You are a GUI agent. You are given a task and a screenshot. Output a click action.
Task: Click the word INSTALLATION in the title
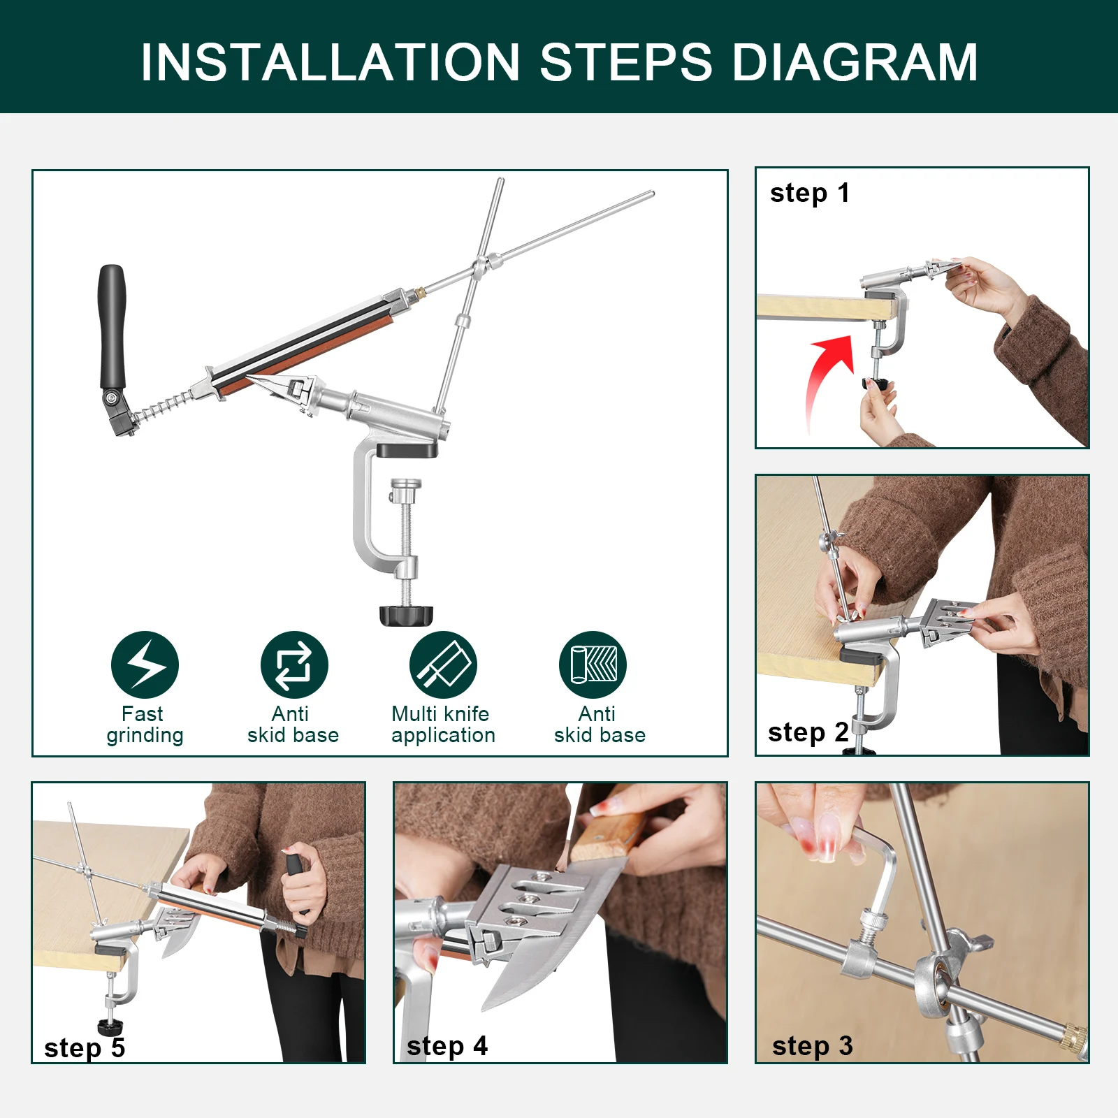pos(331,62)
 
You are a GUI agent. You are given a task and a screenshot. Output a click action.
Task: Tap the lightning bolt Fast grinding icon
pos(145,665)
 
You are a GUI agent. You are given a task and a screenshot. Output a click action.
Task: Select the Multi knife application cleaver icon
pos(443,665)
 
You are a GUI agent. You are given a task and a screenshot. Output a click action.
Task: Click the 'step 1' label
pos(809,194)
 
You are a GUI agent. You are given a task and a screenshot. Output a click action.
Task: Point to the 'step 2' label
pos(808,732)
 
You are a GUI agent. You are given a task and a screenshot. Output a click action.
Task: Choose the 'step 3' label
pos(812,1046)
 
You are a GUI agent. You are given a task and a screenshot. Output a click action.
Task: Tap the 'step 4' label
pos(447,1046)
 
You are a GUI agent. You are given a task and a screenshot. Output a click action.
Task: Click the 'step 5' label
pos(85,1048)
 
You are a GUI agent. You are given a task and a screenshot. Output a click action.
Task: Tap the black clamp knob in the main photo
pos(406,615)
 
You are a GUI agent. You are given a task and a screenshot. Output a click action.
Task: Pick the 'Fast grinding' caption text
pos(145,725)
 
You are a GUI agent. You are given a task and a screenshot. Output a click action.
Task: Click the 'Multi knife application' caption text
pos(443,725)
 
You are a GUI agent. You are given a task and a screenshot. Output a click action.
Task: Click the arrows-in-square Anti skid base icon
pos(294,665)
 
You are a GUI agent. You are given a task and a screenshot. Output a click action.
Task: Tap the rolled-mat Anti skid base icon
pos(593,665)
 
